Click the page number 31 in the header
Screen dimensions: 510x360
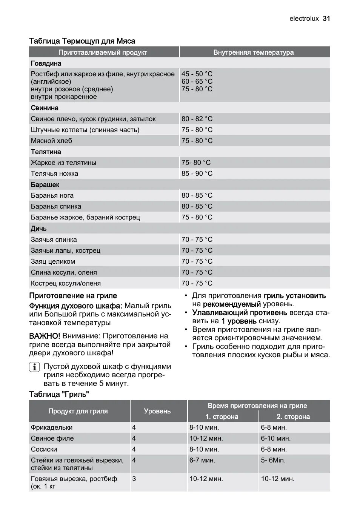[x=326, y=18]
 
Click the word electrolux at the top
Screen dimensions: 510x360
[x=304, y=18]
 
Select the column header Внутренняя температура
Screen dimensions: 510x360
[x=253, y=52]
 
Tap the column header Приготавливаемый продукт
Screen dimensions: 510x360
[x=103, y=52]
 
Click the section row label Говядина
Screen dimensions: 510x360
[x=46, y=63]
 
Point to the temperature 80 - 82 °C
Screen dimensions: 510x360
[x=197, y=119]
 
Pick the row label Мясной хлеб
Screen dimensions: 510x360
[x=51, y=141]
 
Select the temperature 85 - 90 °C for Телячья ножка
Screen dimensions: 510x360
[x=197, y=174]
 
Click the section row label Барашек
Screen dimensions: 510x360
[x=45, y=185]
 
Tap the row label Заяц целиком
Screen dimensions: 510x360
[x=53, y=261]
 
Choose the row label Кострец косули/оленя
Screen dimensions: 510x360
[x=66, y=283]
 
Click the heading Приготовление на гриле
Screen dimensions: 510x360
[x=73, y=296]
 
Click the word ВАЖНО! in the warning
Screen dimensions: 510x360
[x=45, y=336]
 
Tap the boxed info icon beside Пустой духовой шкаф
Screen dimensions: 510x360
[x=34, y=367]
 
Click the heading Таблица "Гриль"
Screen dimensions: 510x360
[x=59, y=394]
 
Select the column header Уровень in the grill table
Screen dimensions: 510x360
[x=157, y=411]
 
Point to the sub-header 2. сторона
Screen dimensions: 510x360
[x=293, y=417]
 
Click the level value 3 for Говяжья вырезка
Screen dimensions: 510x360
[x=134, y=479]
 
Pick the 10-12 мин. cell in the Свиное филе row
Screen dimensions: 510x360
[x=206, y=438]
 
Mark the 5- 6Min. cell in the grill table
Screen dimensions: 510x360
[x=273, y=460]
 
